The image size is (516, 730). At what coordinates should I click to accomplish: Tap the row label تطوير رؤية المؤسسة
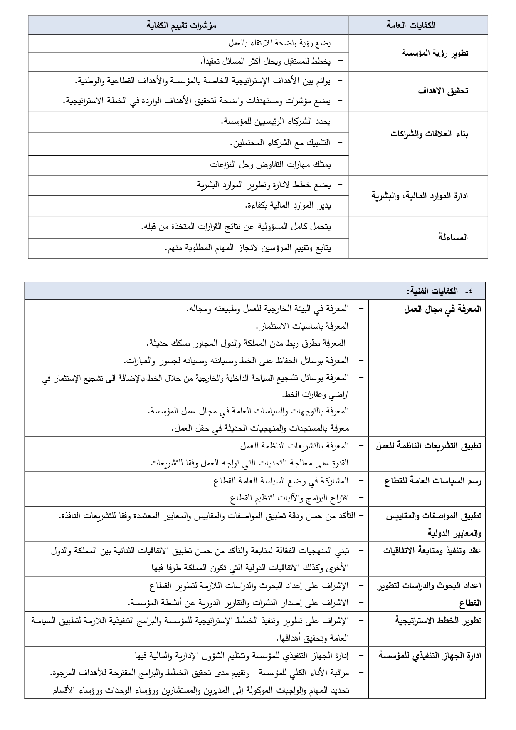pyautogui.click(x=435, y=53)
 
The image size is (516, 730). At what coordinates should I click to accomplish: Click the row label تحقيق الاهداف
pyautogui.click(x=443, y=91)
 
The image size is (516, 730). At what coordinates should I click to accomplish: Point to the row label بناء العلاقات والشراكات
pyautogui.click(x=430, y=134)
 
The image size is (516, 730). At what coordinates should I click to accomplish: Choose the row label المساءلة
pyautogui.click(x=453, y=237)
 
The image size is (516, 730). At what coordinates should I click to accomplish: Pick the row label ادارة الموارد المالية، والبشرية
pyautogui.click(x=420, y=195)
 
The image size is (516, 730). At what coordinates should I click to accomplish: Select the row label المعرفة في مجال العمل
pyautogui.click(x=442, y=309)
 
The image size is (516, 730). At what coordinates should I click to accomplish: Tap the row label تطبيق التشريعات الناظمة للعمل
pyautogui.click(x=428, y=446)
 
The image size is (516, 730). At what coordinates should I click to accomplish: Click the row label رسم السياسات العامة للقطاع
pyautogui.click(x=432, y=481)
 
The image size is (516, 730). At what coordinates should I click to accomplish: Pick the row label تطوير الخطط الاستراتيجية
pyautogui.click(x=438, y=621)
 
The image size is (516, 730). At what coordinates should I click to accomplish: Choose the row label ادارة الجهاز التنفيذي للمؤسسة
pyautogui.click(x=430, y=656)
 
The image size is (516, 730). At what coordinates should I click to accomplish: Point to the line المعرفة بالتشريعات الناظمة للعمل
pyautogui.click(x=294, y=446)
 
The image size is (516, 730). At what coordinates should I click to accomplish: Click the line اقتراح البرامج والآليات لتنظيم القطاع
pyautogui.click(x=289, y=497)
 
